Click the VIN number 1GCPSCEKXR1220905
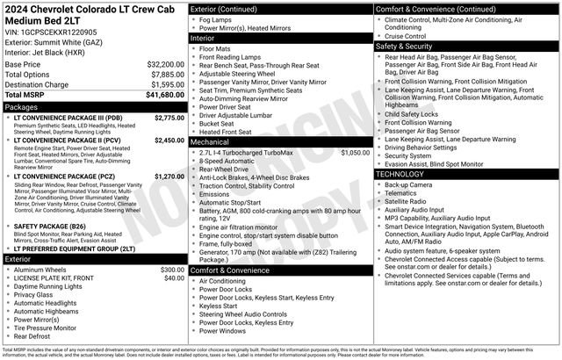(x=58, y=31)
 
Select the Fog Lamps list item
(x=220, y=19)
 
